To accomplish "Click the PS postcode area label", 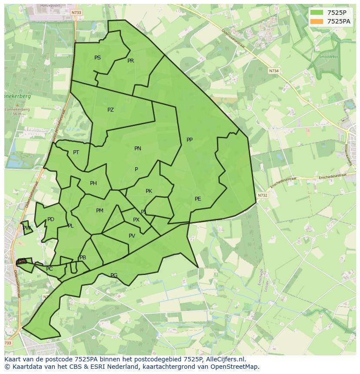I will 97,58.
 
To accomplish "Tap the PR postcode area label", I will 130,61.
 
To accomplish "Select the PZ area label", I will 110,110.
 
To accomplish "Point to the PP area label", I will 190,140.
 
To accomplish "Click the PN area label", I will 138,149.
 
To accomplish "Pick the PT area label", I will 76,152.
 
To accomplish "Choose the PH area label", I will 93,183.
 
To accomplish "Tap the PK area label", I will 149,191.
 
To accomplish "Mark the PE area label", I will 198,199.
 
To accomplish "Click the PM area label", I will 100,211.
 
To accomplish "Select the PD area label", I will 51,219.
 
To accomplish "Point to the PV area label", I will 132,236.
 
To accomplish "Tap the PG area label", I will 114,275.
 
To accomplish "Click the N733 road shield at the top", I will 76,13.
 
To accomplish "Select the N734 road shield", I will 273,71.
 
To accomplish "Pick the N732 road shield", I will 262,195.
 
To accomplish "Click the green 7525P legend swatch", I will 317,13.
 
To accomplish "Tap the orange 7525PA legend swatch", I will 317,21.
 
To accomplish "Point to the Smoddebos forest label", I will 328,56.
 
